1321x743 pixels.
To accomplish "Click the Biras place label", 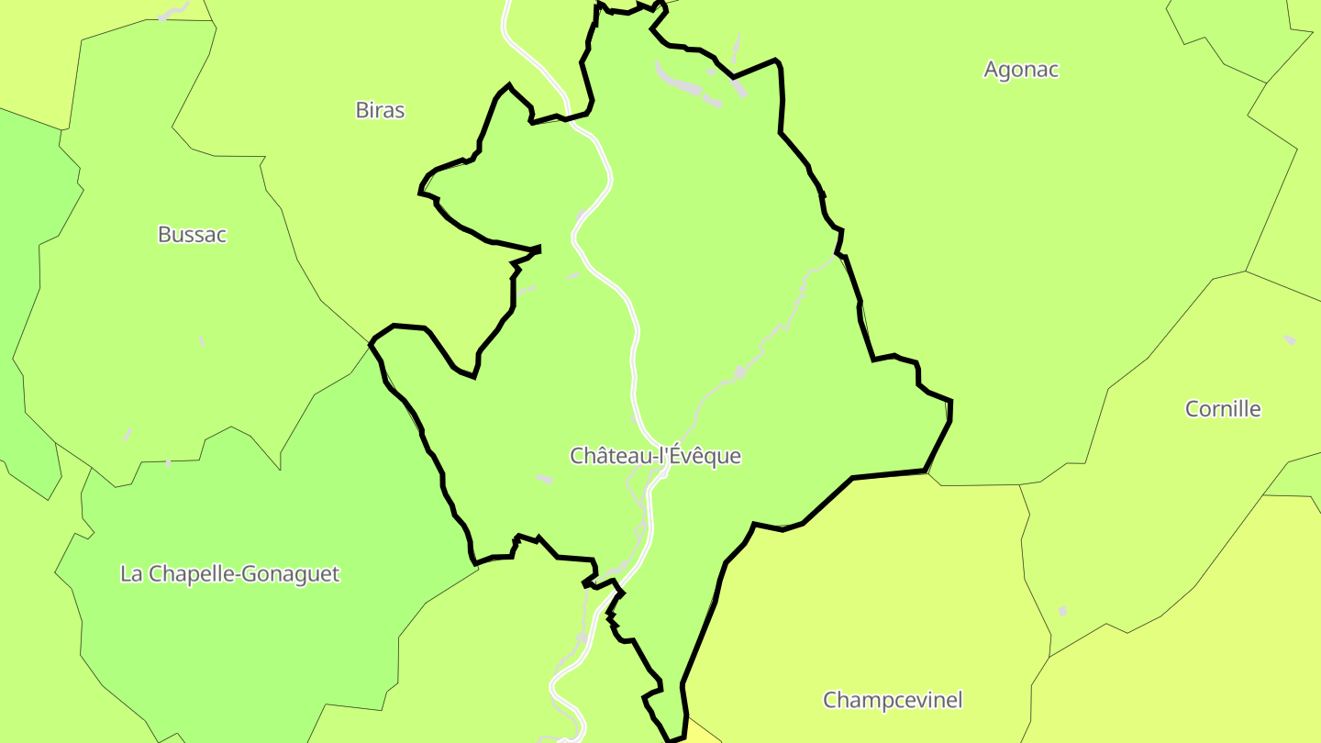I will coord(380,110).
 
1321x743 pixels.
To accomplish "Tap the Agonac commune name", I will coord(1021,70).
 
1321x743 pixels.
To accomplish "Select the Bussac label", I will coord(192,234).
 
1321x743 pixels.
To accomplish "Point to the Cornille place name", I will coord(1223,409).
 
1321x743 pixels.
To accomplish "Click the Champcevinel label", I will coord(893,700).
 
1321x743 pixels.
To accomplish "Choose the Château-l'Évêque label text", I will coord(655,456).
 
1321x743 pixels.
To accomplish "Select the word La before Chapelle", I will coord(131,574).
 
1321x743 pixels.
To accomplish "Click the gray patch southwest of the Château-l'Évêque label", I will coord(544,479).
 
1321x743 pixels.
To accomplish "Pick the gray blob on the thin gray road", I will coord(739,372).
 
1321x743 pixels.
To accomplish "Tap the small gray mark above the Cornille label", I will coord(1290,340).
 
